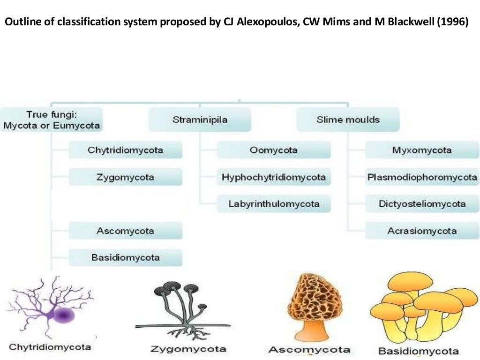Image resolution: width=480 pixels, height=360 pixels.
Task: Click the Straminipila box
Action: [200, 120]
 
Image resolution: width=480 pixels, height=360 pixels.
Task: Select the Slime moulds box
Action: [348, 120]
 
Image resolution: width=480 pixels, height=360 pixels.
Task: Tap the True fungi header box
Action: [51, 120]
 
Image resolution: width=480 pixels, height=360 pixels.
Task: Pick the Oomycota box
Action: [274, 150]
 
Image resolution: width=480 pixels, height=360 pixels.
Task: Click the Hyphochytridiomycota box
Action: [274, 178]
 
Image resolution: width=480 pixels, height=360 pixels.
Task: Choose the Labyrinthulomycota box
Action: [274, 204]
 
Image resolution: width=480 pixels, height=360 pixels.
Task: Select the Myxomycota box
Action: [422, 150]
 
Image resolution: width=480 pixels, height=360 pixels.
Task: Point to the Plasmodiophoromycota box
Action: [422, 178]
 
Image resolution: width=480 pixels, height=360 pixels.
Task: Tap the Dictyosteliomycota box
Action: [422, 204]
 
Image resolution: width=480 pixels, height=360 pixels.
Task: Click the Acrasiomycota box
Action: [422, 231]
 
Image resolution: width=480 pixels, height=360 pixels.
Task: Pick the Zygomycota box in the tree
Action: [126, 178]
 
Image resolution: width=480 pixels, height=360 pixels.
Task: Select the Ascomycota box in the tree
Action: [126, 231]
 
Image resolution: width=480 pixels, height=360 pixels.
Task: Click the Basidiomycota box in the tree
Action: [126, 258]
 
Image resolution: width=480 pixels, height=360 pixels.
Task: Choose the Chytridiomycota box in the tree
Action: [126, 150]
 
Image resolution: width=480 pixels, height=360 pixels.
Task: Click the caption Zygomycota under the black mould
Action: [188, 349]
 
